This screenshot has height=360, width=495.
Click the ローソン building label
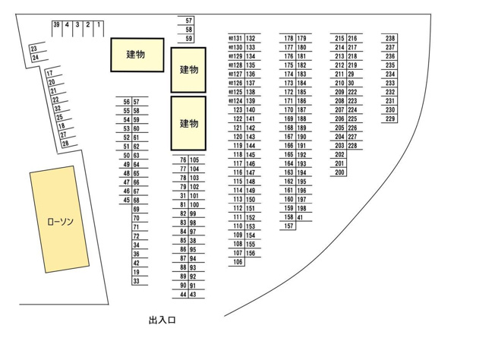[60, 221]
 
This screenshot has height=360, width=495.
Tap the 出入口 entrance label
[162, 321]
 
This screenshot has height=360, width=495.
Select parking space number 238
[390, 38]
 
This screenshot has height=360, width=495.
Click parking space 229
[390, 118]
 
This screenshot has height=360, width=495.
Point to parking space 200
[339, 172]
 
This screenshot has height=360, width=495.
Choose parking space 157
[288, 226]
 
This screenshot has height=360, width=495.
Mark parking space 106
[238, 262]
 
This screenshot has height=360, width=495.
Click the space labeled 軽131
[235, 38]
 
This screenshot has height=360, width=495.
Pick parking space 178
[288, 38]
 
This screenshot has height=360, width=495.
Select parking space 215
[339, 38]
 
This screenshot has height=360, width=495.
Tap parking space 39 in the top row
[56, 24]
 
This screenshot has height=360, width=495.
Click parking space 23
[33, 49]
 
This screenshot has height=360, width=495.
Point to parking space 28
[65, 144]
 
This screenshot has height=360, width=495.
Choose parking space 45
[127, 200]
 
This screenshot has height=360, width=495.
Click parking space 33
[136, 281]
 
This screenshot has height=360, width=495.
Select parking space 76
[183, 159]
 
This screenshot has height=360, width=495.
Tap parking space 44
[183, 295]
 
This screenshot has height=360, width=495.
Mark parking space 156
[251, 253]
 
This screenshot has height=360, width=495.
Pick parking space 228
[352, 146]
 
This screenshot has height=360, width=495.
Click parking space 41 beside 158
[300, 217]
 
